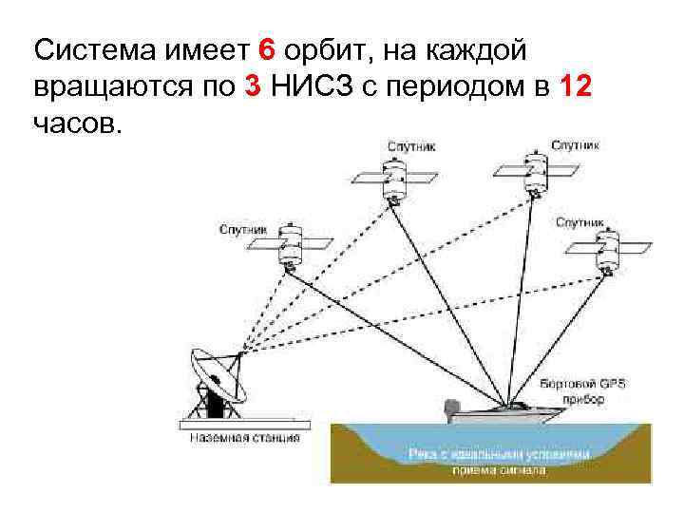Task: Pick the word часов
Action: [x=77, y=124]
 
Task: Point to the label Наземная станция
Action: [x=244, y=438]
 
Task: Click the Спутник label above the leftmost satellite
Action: [x=244, y=229]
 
